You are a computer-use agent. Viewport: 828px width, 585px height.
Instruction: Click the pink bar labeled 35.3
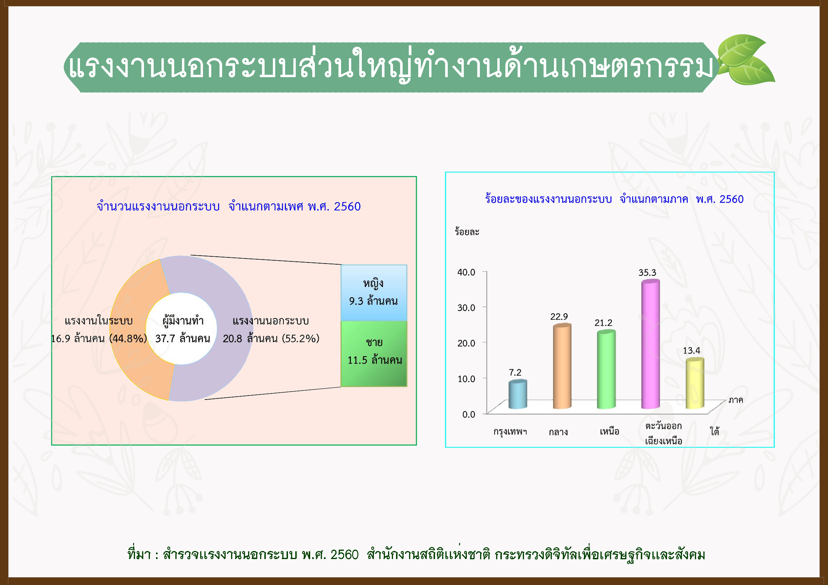pyautogui.click(x=650, y=344)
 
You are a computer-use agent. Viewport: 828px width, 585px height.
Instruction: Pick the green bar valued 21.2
pyautogui.click(x=606, y=369)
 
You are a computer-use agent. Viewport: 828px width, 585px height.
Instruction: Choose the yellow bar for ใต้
pyautogui.click(x=695, y=383)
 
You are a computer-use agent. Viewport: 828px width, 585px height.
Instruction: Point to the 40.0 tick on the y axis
pyautogui.click(x=466, y=272)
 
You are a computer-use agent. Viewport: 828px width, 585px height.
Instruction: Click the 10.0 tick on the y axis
pyautogui.click(x=466, y=378)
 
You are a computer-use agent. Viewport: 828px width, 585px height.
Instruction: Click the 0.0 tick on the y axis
pyautogui.click(x=469, y=414)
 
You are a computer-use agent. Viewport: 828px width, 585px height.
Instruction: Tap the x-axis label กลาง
pyautogui.click(x=558, y=432)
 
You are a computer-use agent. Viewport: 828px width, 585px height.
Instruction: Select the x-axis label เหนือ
pyautogui.click(x=609, y=431)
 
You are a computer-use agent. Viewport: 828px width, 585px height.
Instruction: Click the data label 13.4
pyautogui.click(x=691, y=350)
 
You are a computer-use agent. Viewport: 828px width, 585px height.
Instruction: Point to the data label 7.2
pyautogui.click(x=515, y=372)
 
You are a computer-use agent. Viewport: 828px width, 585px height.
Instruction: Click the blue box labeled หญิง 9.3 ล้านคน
pyautogui.click(x=374, y=293)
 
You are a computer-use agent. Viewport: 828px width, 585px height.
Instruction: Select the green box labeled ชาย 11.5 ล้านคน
pyautogui.click(x=374, y=354)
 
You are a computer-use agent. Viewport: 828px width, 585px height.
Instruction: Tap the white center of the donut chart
pyautogui.click(x=182, y=328)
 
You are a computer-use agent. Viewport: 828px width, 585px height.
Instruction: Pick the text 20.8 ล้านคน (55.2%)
pyautogui.click(x=271, y=338)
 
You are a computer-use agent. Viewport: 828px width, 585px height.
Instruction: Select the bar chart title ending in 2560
pyautogui.click(x=614, y=199)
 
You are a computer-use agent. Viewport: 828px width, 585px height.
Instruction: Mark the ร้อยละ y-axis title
pyautogui.click(x=467, y=231)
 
